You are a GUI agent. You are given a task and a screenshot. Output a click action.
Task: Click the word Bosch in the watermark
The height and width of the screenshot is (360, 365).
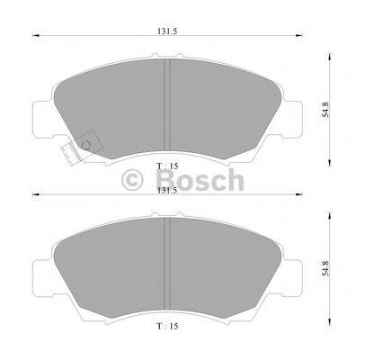200,180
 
